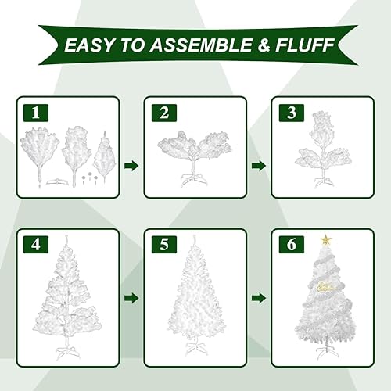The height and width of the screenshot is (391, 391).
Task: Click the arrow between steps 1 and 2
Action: (x=131, y=165)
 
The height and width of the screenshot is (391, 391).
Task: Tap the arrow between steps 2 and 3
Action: (x=258, y=165)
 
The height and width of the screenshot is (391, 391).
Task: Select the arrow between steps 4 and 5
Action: (x=131, y=298)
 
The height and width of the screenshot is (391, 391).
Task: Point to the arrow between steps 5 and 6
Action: (x=258, y=298)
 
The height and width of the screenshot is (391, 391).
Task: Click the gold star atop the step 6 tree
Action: (x=325, y=238)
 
